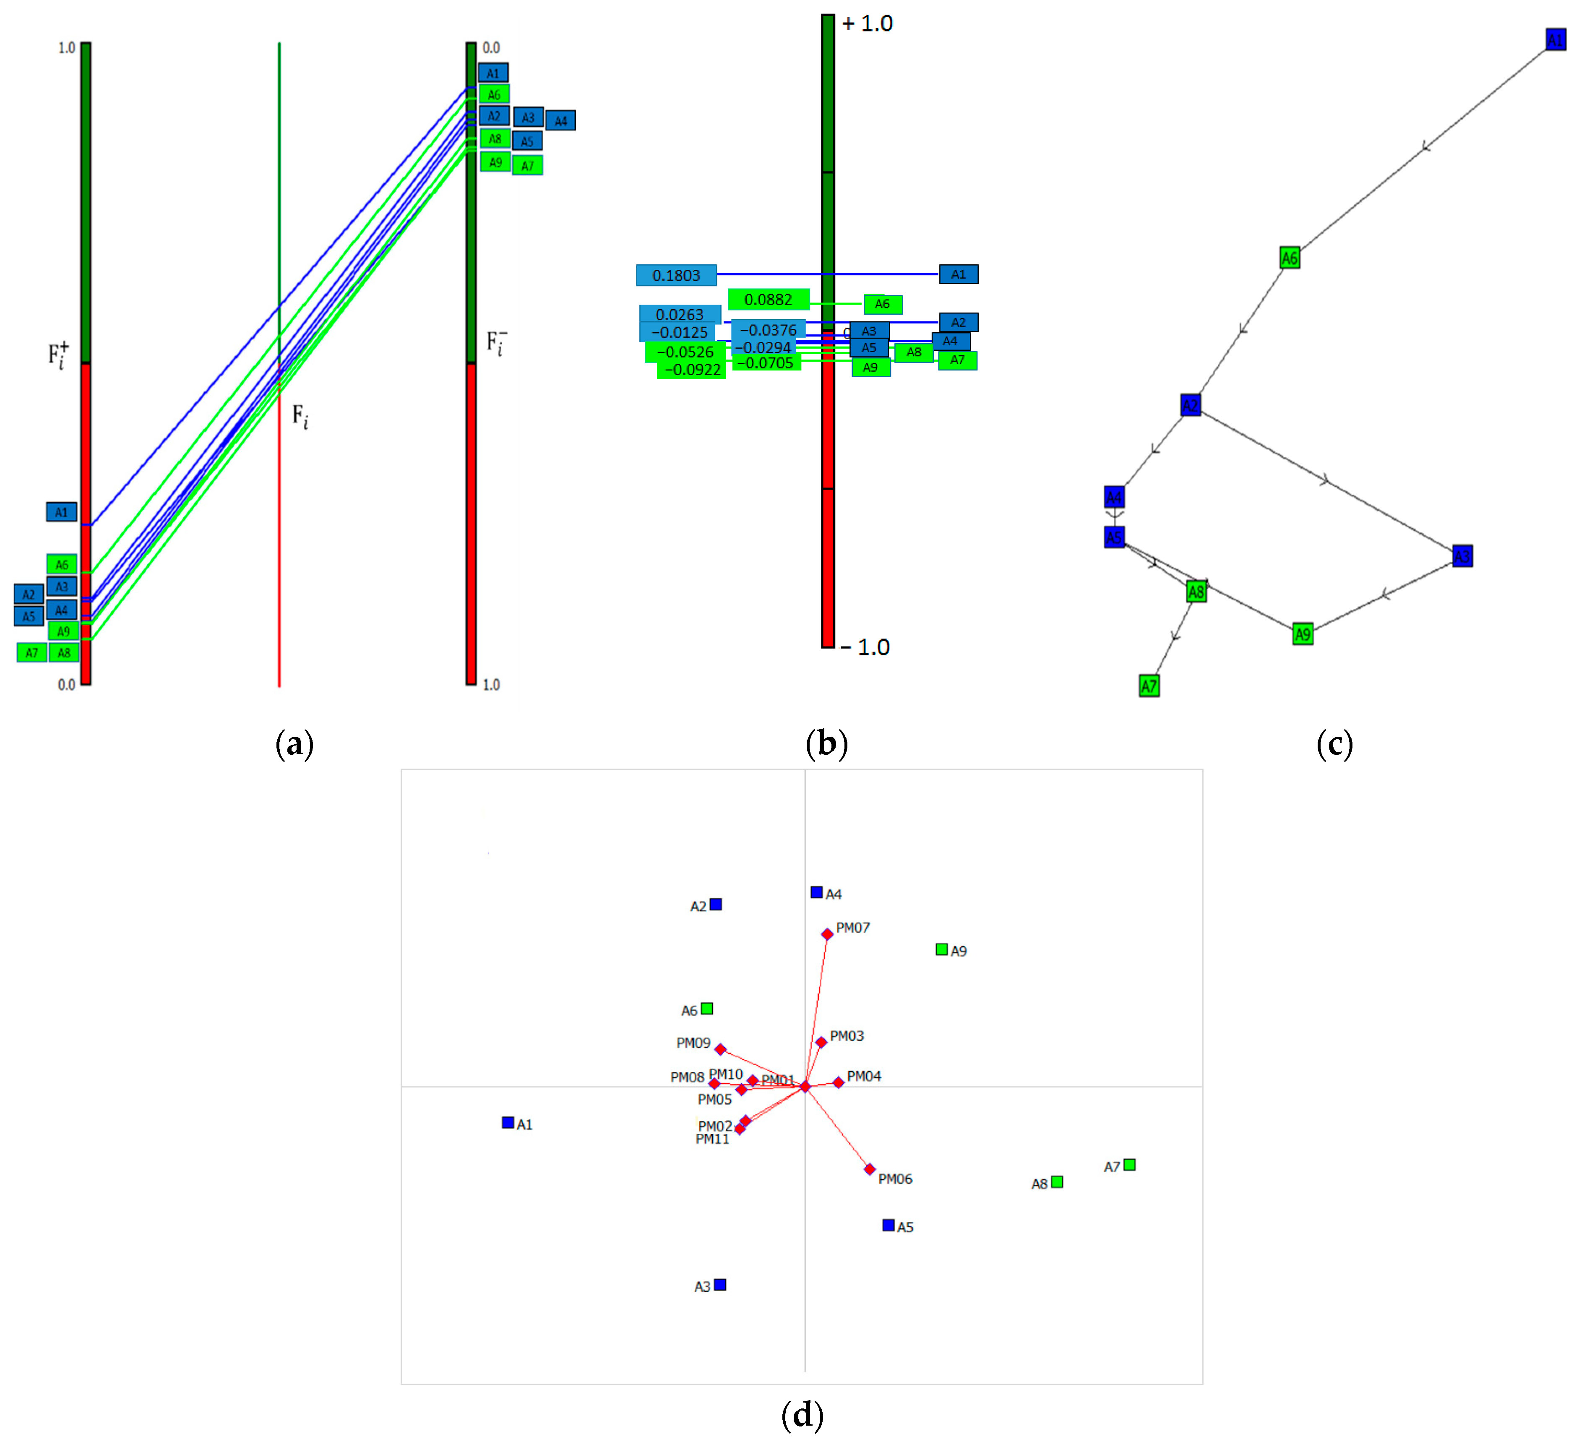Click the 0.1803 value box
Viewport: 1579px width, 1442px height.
(x=676, y=275)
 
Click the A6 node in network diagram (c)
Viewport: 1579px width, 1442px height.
(x=1289, y=258)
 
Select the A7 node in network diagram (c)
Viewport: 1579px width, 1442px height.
(x=1148, y=686)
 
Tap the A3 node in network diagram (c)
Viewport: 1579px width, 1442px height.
(x=1462, y=556)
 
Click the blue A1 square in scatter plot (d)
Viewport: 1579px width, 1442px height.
(x=508, y=1122)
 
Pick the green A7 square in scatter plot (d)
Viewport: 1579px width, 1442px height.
(x=1129, y=1165)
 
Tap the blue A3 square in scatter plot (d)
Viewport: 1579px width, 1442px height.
(x=720, y=1285)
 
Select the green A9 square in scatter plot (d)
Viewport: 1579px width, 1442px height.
(x=941, y=949)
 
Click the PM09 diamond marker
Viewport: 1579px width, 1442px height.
(x=720, y=1049)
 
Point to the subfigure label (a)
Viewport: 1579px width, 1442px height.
(x=294, y=743)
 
